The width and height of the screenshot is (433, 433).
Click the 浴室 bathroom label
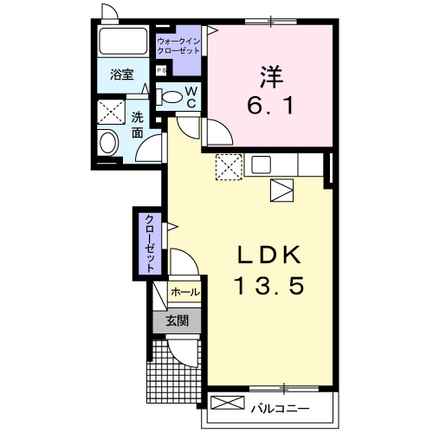coord(122,76)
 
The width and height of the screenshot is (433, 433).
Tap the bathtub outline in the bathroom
coord(124,41)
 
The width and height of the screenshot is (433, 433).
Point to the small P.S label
coord(162,71)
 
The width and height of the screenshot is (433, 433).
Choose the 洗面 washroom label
coord(138,126)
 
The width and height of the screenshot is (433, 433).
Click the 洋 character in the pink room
coord(269,75)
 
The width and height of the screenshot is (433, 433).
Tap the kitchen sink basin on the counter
coord(261,165)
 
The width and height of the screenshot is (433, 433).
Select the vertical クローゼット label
coord(149,242)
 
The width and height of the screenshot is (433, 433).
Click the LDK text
coord(269,255)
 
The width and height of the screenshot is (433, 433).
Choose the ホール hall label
coord(184,293)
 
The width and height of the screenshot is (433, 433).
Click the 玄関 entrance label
coord(177,321)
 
